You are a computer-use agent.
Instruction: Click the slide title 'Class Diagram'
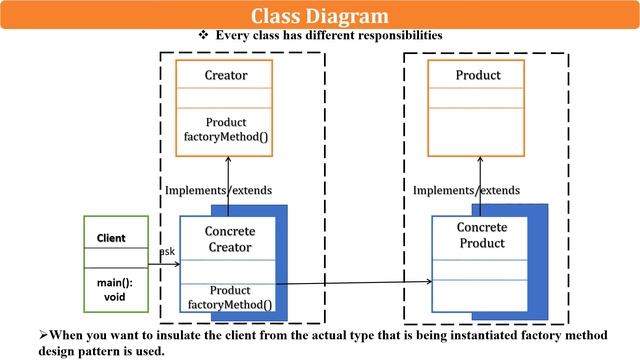[x=319, y=15]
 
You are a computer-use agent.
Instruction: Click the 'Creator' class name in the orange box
[x=226, y=76]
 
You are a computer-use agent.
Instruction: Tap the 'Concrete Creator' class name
[x=229, y=239]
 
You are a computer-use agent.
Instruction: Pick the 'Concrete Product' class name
[x=482, y=235]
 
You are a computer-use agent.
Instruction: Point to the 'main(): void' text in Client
[x=115, y=290]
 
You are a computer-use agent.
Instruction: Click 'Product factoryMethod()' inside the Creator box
[x=226, y=129]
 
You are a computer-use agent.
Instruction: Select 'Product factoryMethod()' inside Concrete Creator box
[x=230, y=297]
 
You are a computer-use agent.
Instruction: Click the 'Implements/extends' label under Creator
[x=218, y=190]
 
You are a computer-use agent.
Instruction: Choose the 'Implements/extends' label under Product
[x=466, y=190]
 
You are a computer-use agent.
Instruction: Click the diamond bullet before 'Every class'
[x=204, y=35]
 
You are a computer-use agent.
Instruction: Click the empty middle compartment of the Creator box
[x=226, y=98]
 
